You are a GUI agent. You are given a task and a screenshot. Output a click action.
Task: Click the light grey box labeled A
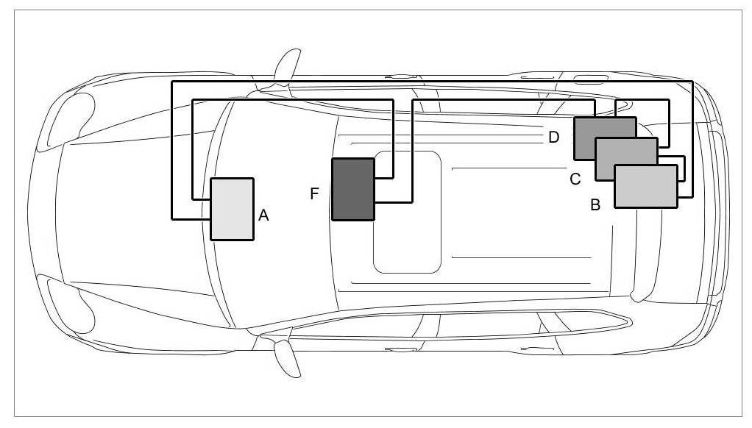pyautogui.click(x=233, y=209)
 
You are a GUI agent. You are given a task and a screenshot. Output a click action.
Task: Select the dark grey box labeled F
pyautogui.click(x=353, y=189)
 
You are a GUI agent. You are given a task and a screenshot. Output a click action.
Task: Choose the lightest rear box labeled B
pyautogui.click(x=645, y=186)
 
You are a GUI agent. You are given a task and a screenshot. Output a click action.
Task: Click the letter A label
pyautogui.click(x=264, y=215)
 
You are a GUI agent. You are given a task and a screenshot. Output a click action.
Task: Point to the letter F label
pyautogui.click(x=315, y=193)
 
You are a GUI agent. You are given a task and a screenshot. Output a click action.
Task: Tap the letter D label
pyautogui.click(x=554, y=137)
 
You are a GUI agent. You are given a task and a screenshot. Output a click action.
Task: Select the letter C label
pyautogui.click(x=575, y=178)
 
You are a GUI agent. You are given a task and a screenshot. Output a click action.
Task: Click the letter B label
pyautogui.click(x=595, y=205)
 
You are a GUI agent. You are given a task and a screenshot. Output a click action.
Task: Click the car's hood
pyautogui.click(x=118, y=213)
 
